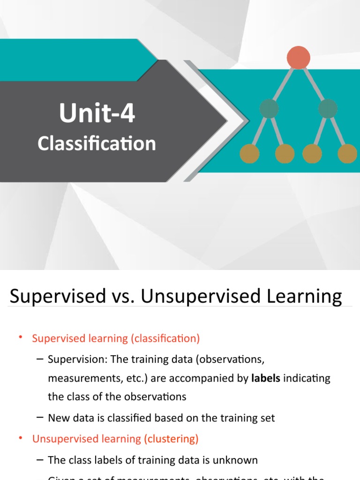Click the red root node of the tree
(x=298, y=58)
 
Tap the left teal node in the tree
(x=269, y=109)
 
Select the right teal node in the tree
(x=328, y=109)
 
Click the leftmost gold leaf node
(x=249, y=154)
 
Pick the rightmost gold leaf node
(x=347, y=154)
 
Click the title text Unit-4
(x=97, y=114)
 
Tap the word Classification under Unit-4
(x=97, y=143)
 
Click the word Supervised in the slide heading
(x=51, y=297)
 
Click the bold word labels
(x=265, y=378)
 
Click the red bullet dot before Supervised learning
(x=21, y=337)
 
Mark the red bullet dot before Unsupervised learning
(x=21, y=438)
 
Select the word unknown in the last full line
(x=237, y=460)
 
